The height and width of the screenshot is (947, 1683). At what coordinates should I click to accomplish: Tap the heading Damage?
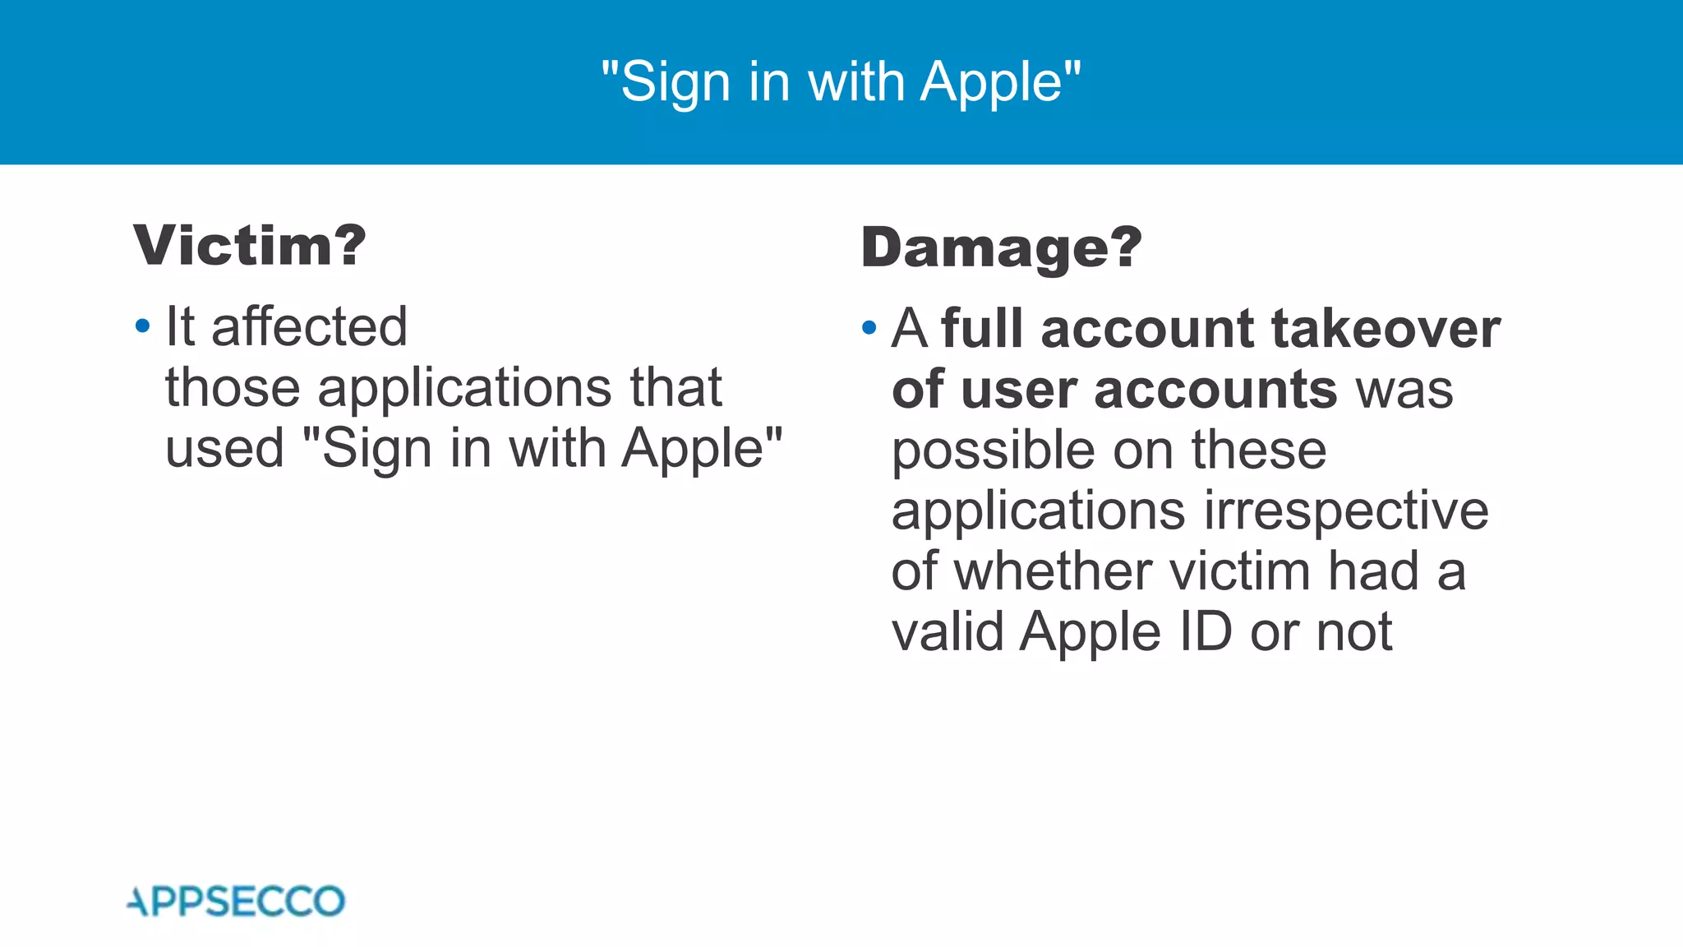click(x=1001, y=247)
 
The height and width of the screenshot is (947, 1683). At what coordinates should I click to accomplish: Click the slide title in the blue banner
click(x=841, y=82)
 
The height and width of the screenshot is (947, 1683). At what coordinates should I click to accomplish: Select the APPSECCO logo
click(x=237, y=902)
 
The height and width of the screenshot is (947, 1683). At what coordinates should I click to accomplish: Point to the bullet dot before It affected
click(x=143, y=327)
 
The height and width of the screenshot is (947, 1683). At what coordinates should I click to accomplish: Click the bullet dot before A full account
click(x=869, y=329)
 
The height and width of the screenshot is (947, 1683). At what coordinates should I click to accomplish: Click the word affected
click(x=309, y=326)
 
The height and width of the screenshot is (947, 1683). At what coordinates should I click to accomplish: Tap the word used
click(x=224, y=449)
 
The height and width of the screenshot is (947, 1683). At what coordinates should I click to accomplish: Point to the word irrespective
click(x=1346, y=510)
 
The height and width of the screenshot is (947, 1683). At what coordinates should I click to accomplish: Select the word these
click(x=1259, y=450)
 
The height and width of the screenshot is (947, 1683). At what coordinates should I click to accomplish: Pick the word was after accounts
click(x=1404, y=390)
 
